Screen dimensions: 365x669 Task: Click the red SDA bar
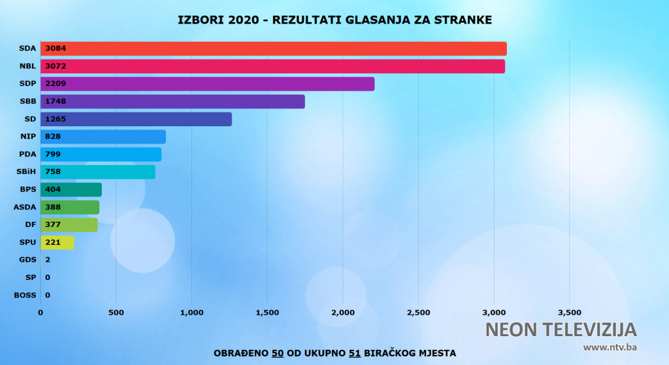coord(274,48)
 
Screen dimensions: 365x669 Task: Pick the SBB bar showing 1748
coord(173,101)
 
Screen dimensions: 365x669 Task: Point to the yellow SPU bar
coord(57,243)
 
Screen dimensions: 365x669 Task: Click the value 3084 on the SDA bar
coord(56,48)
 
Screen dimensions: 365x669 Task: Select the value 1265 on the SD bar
coord(56,119)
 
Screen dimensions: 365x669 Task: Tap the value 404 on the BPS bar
coord(53,190)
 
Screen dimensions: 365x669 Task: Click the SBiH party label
coord(26,172)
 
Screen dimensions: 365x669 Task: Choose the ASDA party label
coord(25,207)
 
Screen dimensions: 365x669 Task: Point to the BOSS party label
coord(25,295)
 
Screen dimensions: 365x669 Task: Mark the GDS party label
coord(27,260)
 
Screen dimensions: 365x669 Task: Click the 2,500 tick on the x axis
coord(418,313)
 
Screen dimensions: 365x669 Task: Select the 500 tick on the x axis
coord(116,313)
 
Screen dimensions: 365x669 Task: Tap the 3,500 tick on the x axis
coord(569,313)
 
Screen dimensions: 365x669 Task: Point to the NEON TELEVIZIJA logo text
coord(561,329)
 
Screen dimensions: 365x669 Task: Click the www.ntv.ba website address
coord(610,347)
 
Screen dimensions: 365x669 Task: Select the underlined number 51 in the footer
coord(355,353)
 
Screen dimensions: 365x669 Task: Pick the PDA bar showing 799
coord(101,154)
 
